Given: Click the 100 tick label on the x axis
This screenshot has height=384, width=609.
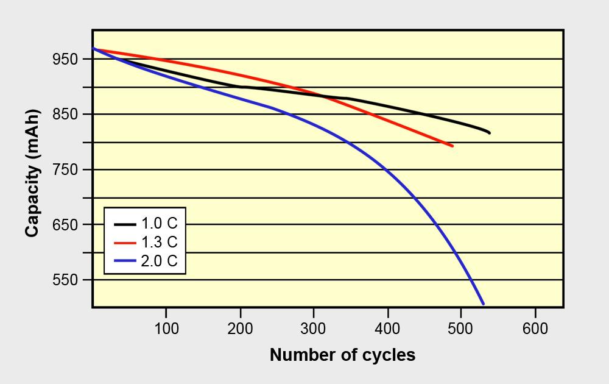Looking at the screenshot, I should [166, 329].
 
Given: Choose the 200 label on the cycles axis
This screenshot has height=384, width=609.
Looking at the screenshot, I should [240, 329].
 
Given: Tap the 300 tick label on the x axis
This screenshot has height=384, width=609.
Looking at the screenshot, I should [314, 329].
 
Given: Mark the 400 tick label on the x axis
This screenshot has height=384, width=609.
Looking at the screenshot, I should [387, 329].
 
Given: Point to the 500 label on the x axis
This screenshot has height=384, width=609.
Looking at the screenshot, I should [461, 329].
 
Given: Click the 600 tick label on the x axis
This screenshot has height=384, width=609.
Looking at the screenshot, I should [535, 329].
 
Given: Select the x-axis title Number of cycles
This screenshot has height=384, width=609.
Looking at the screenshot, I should [342, 355].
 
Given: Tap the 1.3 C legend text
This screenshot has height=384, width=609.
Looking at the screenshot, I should [159, 243].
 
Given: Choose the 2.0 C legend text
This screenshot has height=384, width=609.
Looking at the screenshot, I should [159, 261].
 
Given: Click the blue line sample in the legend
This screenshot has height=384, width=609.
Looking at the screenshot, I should [125, 261].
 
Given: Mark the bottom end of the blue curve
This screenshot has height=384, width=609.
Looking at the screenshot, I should [483, 303].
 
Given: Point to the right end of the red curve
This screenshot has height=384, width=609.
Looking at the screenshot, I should [452, 146].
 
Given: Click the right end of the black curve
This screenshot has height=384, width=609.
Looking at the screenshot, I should [489, 133].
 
